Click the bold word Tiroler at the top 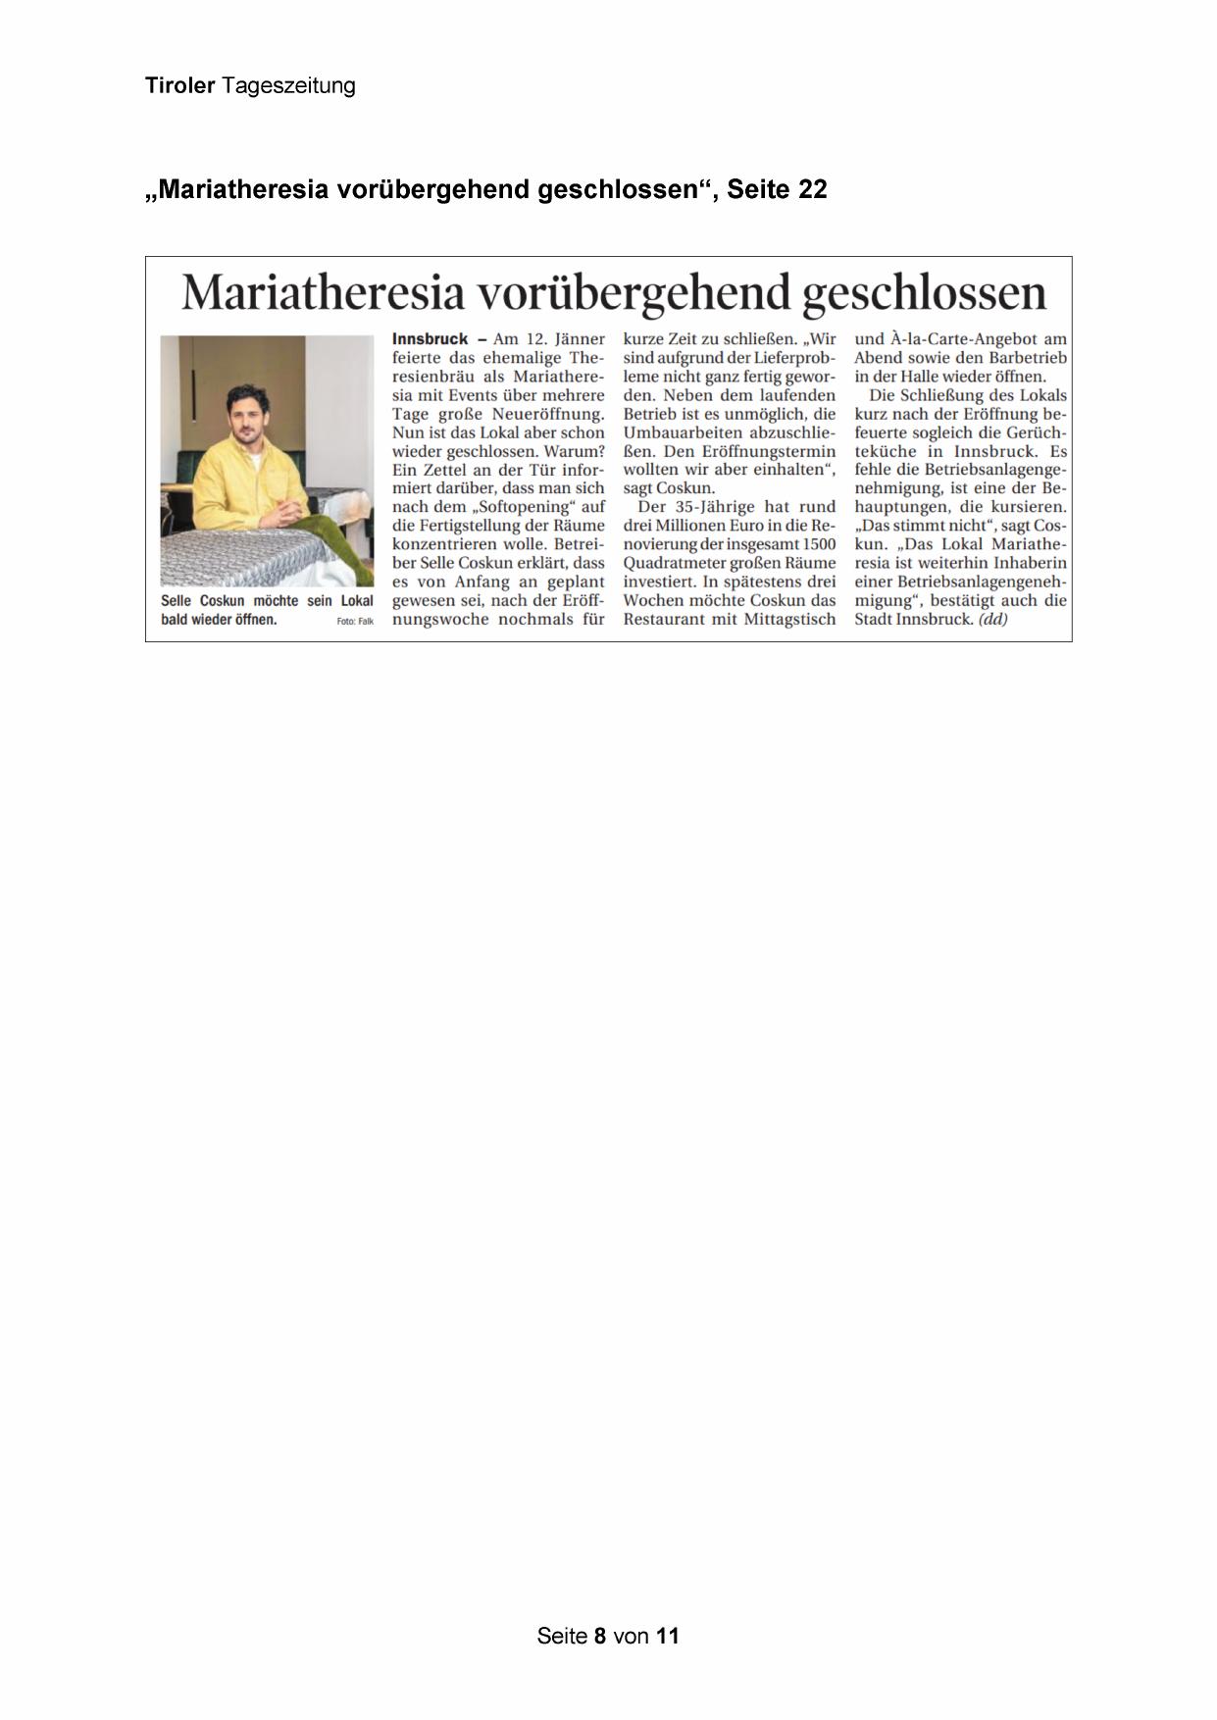tap(179, 86)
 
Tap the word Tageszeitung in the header tap(288, 87)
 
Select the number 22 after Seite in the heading tap(813, 189)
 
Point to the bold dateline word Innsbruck tap(431, 339)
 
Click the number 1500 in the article tap(818, 544)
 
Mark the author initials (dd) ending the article tap(993, 619)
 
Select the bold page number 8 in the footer tap(600, 1636)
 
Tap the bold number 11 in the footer tap(667, 1636)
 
